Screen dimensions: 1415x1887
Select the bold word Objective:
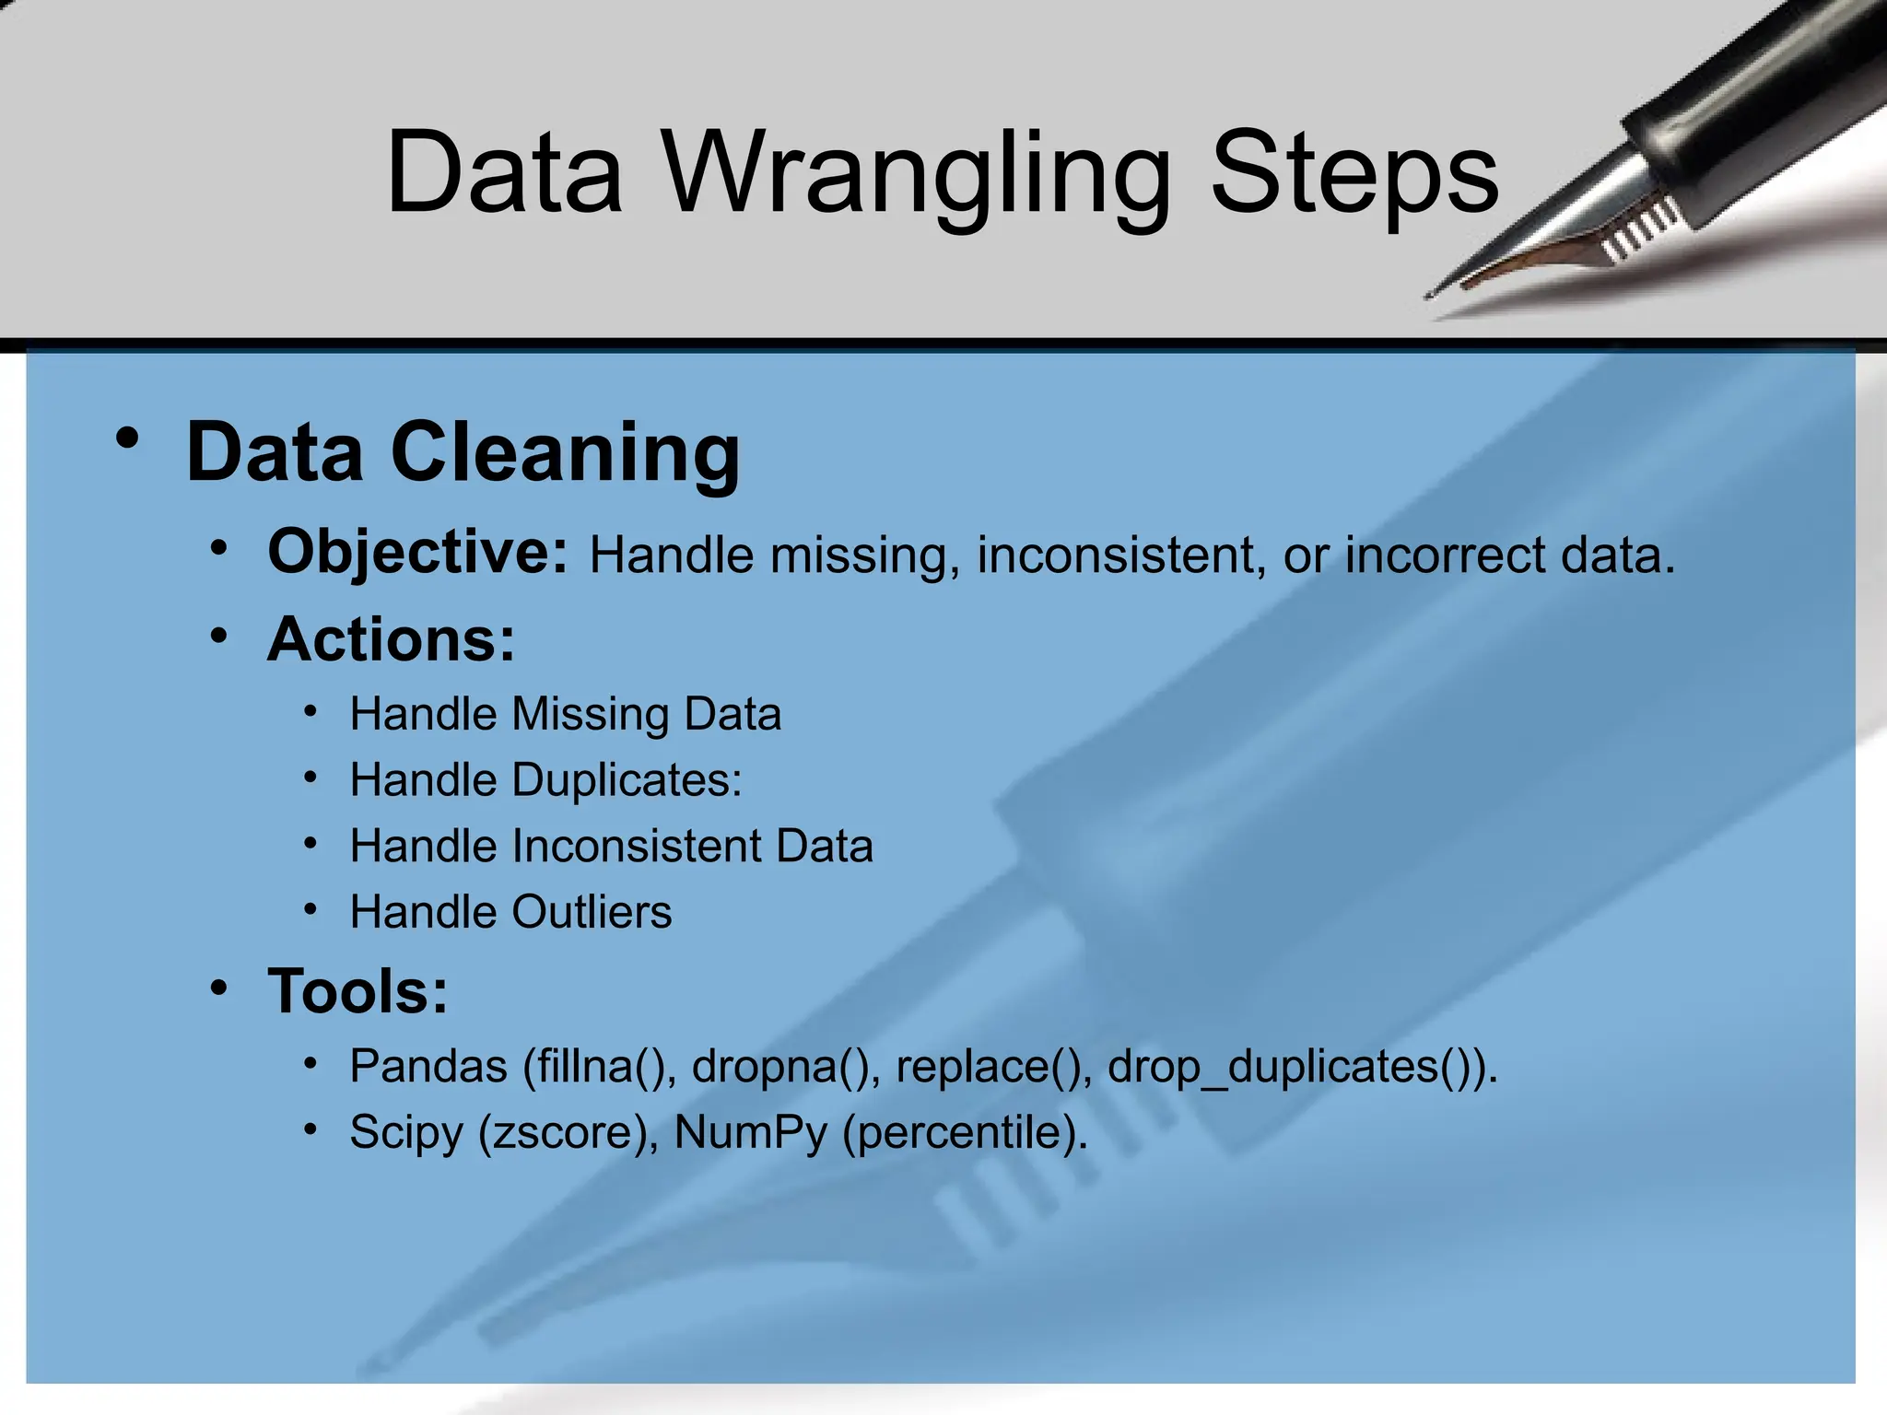[x=417, y=552]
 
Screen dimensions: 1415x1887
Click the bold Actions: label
[x=391, y=638]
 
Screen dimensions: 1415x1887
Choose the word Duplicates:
[x=627, y=780]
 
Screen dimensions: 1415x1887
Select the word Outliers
[x=592, y=912]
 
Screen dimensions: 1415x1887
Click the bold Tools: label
[x=357, y=991]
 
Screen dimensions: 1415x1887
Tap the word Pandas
[x=428, y=1066]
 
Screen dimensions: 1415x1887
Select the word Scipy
[x=405, y=1132]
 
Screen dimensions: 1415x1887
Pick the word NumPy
[x=750, y=1132]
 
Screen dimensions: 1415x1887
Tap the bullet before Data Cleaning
[x=128, y=439]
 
